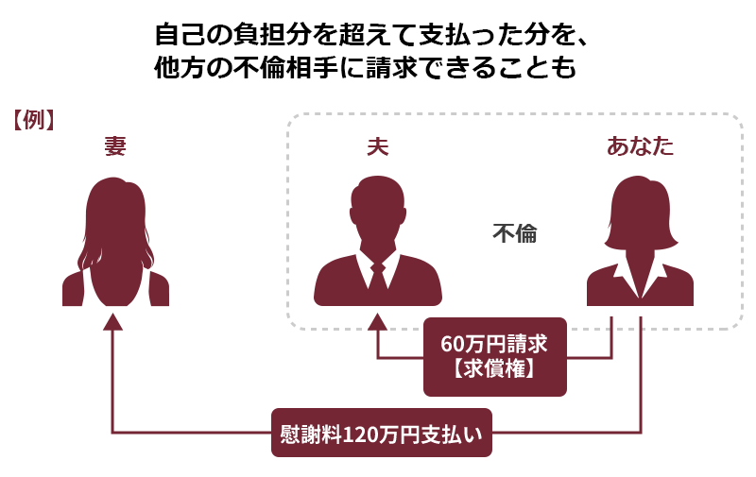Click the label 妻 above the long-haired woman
(x=115, y=146)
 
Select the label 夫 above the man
(x=377, y=146)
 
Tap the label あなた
(x=640, y=146)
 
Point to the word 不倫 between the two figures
(x=514, y=233)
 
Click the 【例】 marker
(x=33, y=120)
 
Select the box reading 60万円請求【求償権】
(x=494, y=357)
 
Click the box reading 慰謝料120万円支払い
(x=382, y=433)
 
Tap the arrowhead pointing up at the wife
(x=112, y=321)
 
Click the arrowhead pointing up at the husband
(x=377, y=321)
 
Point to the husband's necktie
(x=377, y=277)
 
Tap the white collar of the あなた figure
(x=640, y=280)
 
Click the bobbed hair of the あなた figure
(x=640, y=212)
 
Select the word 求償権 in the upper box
(x=494, y=369)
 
